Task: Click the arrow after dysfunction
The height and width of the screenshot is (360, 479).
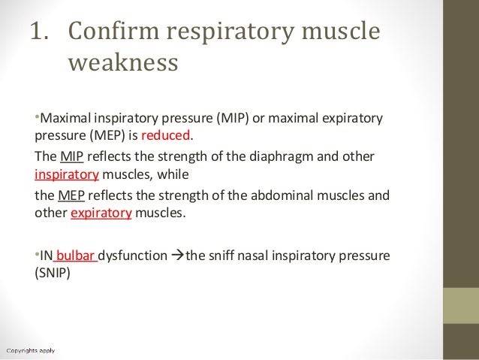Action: click(178, 256)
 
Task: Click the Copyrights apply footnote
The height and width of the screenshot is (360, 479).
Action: click(32, 349)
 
